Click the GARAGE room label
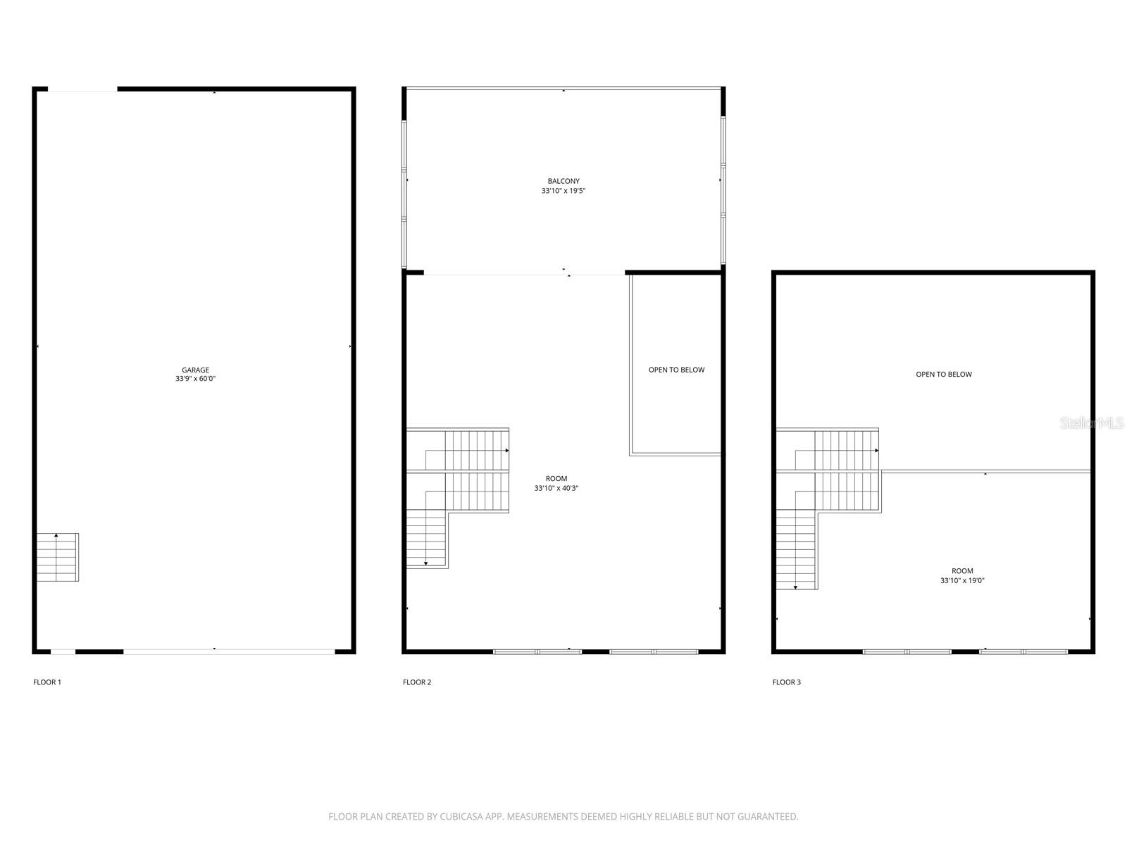click(195, 370)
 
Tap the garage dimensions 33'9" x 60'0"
click(195, 379)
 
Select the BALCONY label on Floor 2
click(563, 181)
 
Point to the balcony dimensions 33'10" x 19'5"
click(563, 191)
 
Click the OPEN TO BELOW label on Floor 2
click(676, 370)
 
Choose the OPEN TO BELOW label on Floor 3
click(943, 375)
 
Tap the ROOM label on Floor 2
click(556, 479)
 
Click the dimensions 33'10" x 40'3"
click(556, 488)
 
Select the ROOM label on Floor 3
click(962, 571)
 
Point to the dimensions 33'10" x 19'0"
click(962, 581)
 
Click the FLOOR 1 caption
click(47, 682)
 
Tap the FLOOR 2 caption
click(417, 682)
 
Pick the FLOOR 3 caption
click(787, 682)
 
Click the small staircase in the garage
click(58, 557)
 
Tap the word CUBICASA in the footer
click(461, 817)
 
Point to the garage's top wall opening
click(82, 89)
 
